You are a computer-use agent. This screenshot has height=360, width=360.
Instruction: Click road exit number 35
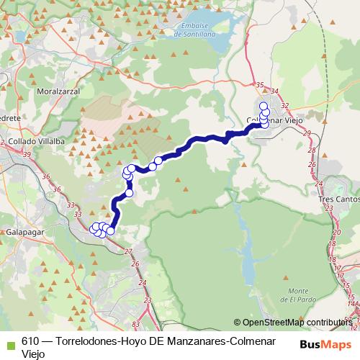coord(259,86)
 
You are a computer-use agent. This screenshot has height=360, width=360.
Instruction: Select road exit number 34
coord(274,91)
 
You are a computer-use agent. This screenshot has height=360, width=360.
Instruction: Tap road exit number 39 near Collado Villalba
coord(27,155)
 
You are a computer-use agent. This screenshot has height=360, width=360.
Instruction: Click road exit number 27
coord(128,251)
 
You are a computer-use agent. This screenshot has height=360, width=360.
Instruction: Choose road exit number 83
coord(135,327)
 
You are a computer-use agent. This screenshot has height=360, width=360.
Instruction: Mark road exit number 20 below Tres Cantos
coord(337,233)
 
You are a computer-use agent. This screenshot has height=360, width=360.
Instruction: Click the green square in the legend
coord(9,343)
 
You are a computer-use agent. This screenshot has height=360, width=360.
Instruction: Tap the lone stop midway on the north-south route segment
coord(130,192)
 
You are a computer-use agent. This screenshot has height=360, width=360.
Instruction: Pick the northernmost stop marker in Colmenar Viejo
coord(264,106)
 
